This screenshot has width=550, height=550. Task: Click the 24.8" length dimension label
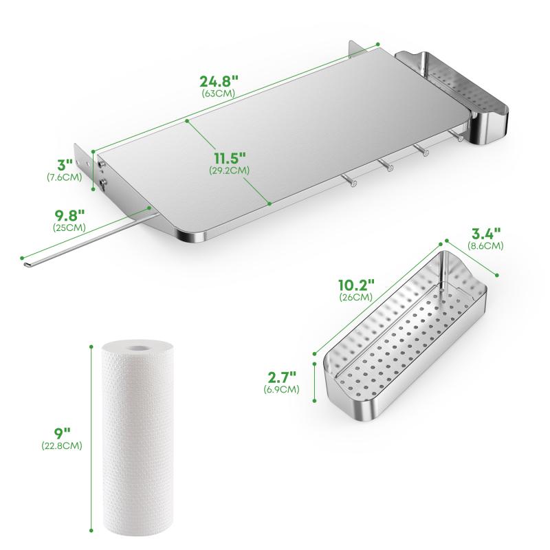219,81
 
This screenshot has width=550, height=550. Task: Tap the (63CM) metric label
218,93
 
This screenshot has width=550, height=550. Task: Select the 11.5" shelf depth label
230,159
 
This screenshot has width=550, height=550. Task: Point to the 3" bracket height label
65,164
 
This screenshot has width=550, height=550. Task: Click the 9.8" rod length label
70,214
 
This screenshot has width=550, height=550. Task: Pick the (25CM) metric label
69,228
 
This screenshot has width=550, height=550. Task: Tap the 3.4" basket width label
486,233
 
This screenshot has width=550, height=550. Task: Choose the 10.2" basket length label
356,285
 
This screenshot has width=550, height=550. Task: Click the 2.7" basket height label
282,377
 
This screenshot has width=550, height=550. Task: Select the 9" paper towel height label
63,433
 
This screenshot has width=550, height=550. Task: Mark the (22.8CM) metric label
62,445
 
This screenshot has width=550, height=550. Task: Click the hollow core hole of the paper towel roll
137,349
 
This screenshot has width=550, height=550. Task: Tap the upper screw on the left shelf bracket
102,164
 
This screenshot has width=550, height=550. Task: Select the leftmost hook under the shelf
349,179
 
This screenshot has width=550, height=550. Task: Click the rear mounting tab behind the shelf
355,48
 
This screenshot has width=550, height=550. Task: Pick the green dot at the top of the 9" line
91,347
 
